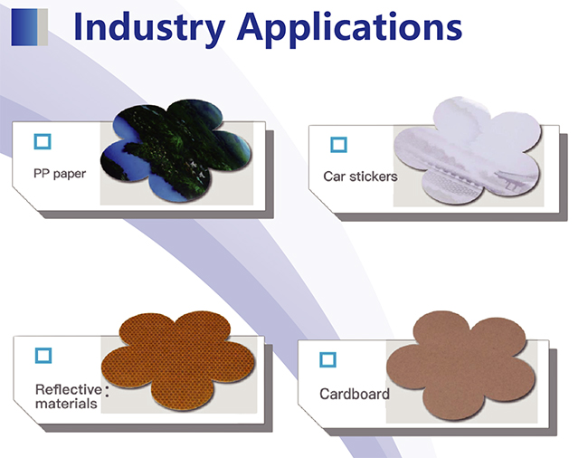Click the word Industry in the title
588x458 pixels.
[149, 29]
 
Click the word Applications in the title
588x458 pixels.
[349, 29]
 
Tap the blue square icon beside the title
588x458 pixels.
[29, 27]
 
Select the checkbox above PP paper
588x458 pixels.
[43, 142]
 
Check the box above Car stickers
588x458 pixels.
[338, 145]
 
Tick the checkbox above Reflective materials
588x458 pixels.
[43, 355]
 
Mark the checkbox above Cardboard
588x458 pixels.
[327, 359]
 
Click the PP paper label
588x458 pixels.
[60, 174]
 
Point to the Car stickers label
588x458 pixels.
[360, 177]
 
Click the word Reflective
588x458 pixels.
[69, 389]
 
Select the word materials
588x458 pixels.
[66, 404]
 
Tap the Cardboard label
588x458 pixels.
[355, 394]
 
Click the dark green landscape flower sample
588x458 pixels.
[176, 150]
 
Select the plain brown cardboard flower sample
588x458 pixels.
[461, 366]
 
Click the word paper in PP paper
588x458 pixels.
[70, 175]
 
